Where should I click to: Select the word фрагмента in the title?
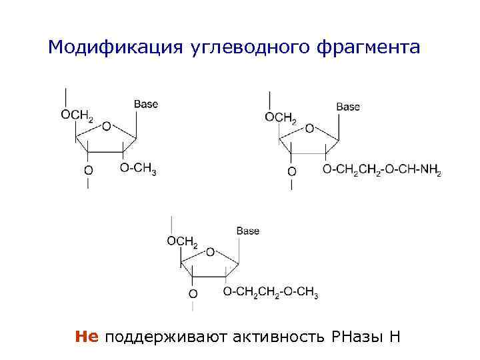(x=379, y=47)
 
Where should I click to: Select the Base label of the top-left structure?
(x=146, y=104)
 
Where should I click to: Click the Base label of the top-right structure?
(x=348, y=107)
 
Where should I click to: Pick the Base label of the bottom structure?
(x=247, y=231)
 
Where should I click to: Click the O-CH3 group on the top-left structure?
(x=138, y=169)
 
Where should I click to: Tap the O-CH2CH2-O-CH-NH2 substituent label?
(x=382, y=171)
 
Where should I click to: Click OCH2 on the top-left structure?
(x=77, y=115)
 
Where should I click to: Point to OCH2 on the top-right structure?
(x=281, y=118)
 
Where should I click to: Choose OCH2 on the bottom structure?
(x=182, y=241)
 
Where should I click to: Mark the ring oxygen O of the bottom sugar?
(x=211, y=252)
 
